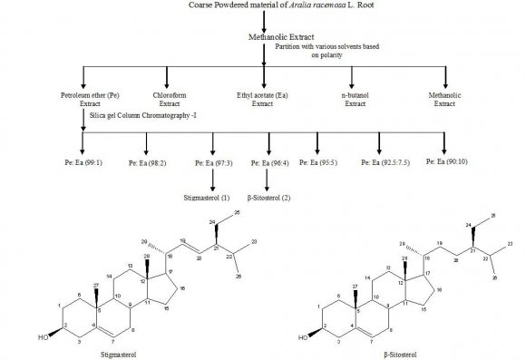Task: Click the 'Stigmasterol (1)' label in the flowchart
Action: pyautogui.click(x=212, y=195)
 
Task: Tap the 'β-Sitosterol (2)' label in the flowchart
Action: pyautogui.click(x=268, y=195)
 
